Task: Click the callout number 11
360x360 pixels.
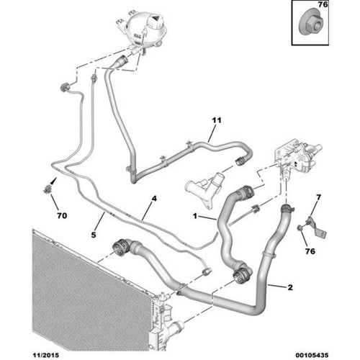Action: [217, 120]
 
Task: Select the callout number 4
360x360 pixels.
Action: [154, 199]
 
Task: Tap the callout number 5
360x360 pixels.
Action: [94, 235]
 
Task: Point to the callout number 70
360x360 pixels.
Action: [62, 216]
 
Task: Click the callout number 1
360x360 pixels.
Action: [195, 216]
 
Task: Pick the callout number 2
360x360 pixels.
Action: [290, 287]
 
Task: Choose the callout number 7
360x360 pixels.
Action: [318, 197]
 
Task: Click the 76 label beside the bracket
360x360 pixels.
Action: [310, 251]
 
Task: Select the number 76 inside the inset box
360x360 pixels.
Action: [323, 4]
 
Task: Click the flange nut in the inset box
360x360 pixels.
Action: [312, 24]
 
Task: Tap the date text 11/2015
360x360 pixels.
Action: [45, 355]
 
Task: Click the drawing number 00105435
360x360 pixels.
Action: [312, 355]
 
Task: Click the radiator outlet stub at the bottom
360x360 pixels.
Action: [177, 327]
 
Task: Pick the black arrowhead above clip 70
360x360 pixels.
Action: [55, 179]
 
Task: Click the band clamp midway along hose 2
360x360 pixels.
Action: [269, 253]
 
